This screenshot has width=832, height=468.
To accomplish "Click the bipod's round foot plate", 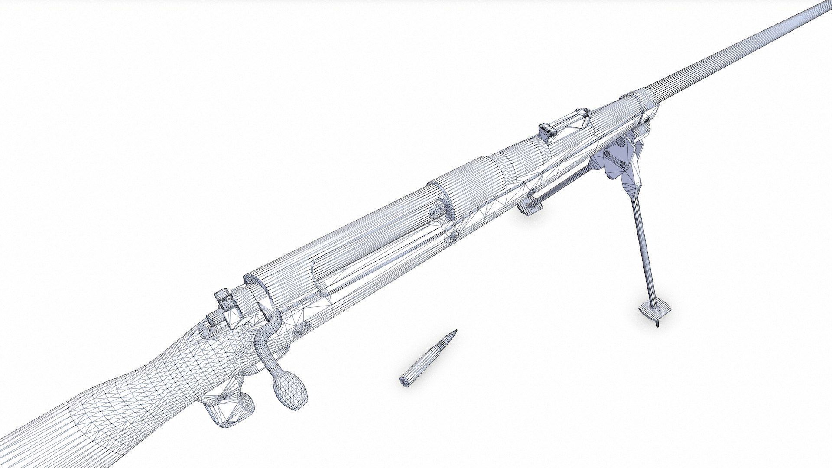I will pyautogui.click(x=654, y=309).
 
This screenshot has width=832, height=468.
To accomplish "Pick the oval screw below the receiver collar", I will pyautogui.click(x=453, y=236).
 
